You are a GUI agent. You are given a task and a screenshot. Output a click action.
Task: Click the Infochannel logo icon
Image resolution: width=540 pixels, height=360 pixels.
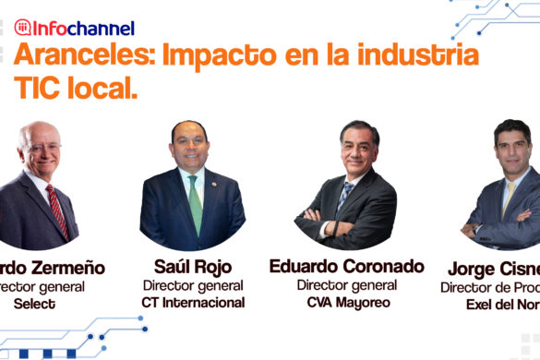tap(22, 28)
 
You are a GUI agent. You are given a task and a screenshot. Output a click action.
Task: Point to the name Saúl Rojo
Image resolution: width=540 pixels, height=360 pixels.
tap(192, 267)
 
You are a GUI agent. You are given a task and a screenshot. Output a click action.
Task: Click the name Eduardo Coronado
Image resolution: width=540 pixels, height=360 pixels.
tap(346, 266)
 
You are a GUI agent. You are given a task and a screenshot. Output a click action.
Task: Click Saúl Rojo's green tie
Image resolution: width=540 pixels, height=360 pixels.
tap(195, 203)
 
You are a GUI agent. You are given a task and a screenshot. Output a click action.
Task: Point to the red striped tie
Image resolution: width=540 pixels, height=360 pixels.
tap(57, 210)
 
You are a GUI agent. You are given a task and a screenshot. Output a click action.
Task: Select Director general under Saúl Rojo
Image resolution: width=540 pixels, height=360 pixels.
tap(192, 285)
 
